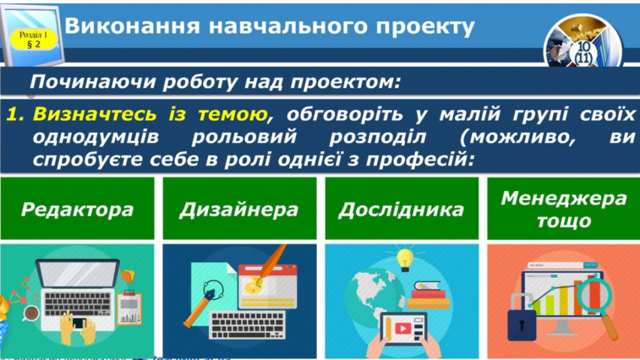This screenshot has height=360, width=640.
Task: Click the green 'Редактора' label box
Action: tap(77, 208)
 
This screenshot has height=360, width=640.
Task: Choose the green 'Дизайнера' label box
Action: tap(239, 208)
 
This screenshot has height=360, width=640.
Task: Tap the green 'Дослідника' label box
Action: tap(401, 208)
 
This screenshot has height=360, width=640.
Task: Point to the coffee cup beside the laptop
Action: tap(29, 312)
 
